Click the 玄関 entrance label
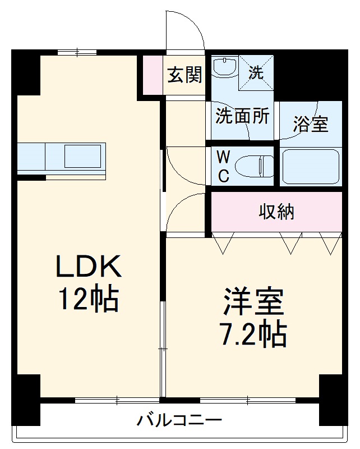click(185, 75)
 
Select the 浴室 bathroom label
click(310, 125)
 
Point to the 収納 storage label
click(276, 212)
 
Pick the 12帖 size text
click(89, 300)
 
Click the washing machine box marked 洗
click(256, 72)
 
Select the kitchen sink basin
click(84, 157)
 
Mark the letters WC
click(223, 166)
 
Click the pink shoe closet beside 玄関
click(153, 75)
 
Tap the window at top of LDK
click(77, 53)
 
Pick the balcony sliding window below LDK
click(117, 400)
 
